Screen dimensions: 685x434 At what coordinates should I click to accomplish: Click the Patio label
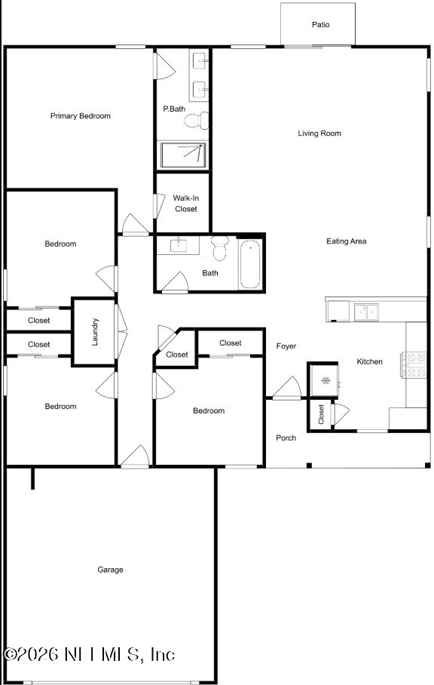coord(321,25)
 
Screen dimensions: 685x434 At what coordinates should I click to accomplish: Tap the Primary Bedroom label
coord(81,116)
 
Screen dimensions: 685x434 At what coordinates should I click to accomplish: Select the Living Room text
coord(319,134)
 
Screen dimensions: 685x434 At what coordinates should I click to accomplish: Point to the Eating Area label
coord(346,241)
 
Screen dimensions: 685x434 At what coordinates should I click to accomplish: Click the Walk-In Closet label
coord(185,204)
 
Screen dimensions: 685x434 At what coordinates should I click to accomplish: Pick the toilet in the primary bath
coord(197,119)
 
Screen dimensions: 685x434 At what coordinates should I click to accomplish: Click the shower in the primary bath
coord(182,155)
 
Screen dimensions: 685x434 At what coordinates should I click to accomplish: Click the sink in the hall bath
coord(178,245)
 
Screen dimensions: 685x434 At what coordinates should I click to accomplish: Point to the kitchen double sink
coord(367,311)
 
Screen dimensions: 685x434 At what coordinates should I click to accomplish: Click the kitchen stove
coord(416,364)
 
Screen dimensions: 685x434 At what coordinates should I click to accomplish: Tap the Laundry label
coord(96,333)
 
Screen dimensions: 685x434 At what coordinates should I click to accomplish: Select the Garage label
coord(110,570)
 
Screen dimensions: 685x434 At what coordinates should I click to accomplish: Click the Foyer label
coord(286,346)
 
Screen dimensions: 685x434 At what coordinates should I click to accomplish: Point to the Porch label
coord(286,438)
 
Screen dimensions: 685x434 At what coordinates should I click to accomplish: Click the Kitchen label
coord(369,362)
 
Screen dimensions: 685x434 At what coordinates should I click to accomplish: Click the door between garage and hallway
coord(135,456)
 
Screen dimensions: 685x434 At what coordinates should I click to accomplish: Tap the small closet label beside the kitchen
coord(321,414)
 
